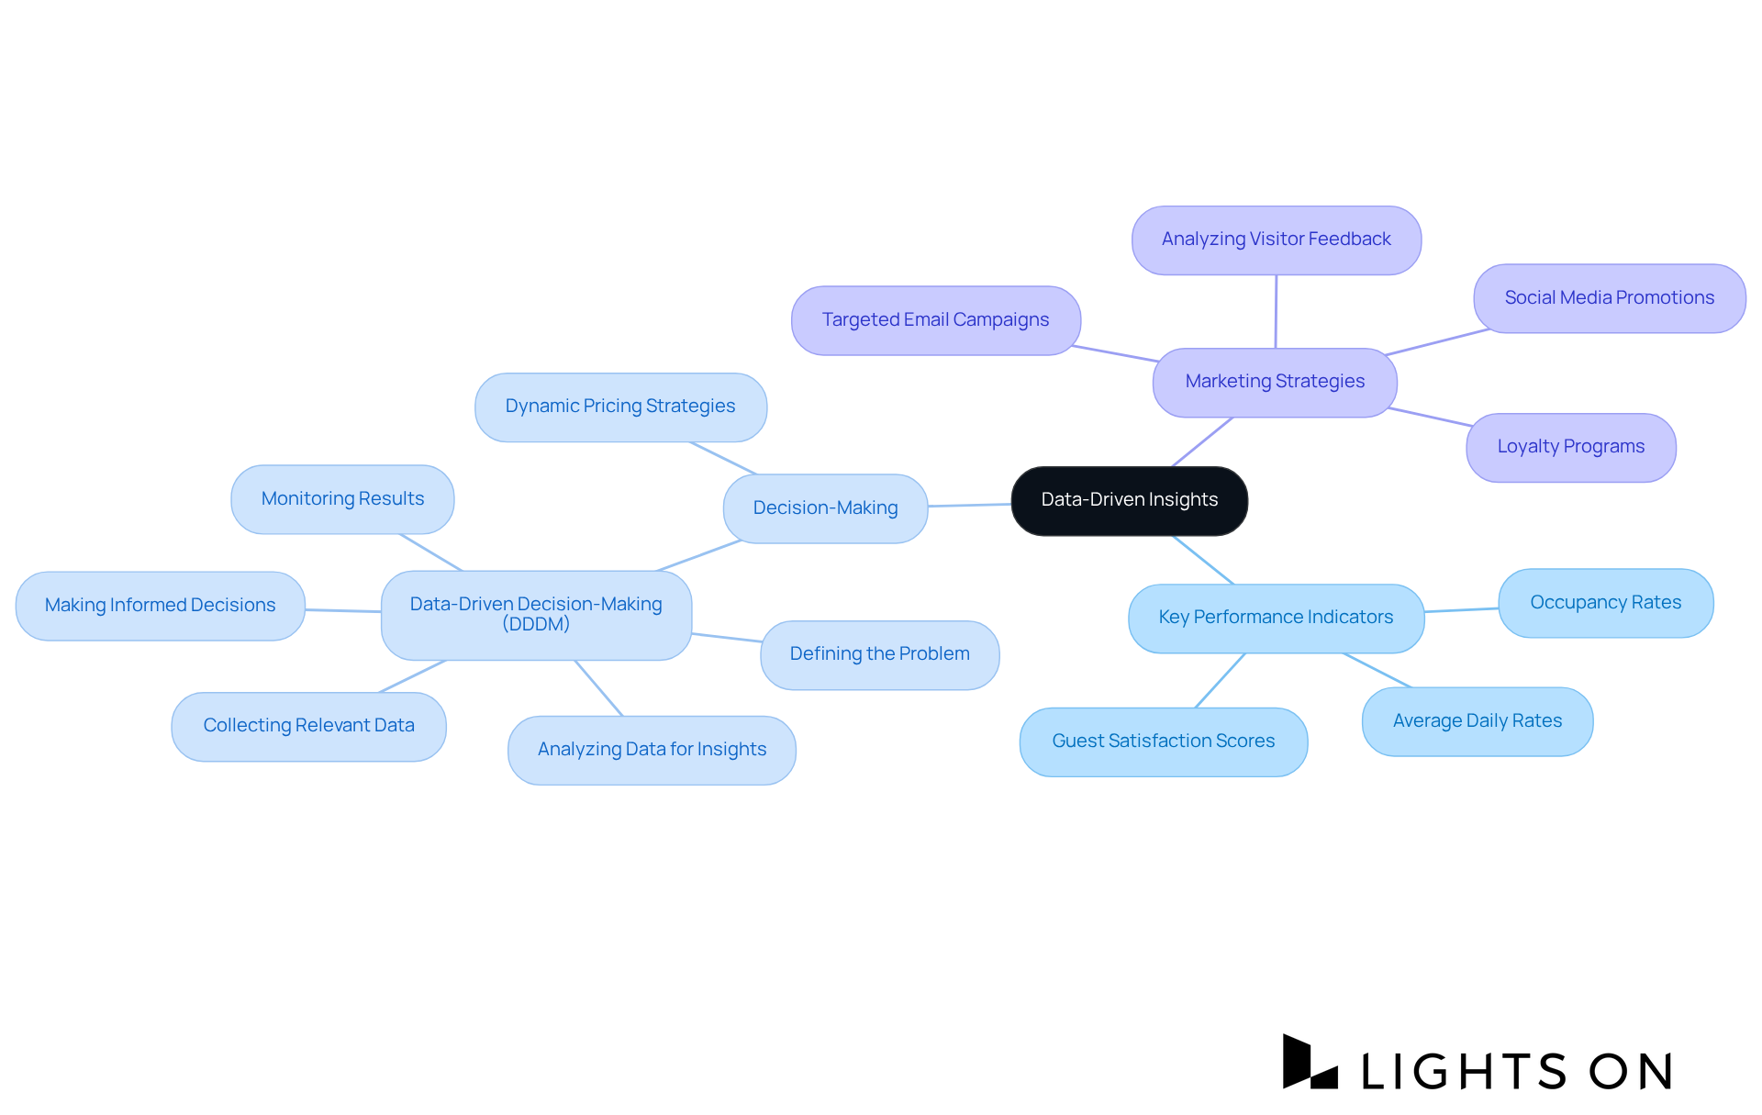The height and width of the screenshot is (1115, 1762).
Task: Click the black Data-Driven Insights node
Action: [1129, 500]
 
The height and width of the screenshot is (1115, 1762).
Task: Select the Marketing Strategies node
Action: [1275, 382]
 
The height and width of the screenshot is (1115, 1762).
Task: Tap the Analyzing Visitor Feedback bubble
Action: [1276, 240]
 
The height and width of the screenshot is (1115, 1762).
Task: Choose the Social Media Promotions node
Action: [1609, 298]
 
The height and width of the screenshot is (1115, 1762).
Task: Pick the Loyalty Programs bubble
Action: [1570, 447]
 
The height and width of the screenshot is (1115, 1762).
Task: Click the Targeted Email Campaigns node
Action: [935, 320]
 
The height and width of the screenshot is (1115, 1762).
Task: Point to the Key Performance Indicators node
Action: [1276, 618]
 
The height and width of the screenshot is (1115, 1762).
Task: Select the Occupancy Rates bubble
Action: [1605, 603]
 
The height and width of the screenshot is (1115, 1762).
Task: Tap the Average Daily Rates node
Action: [1477, 721]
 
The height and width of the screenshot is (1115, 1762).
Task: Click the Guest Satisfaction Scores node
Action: [1163, 741]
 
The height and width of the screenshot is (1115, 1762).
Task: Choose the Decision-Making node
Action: [825, 508]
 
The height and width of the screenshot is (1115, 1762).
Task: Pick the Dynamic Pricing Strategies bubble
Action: [620, 407]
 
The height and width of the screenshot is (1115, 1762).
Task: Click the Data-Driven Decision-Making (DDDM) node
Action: [536, 615]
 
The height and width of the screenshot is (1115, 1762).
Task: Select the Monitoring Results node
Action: [342, 499]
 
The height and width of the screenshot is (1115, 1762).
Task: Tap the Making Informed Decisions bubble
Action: [160, 606]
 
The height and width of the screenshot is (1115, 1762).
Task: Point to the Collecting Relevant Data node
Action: [308, 726]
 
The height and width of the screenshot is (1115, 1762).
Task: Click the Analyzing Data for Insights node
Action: [652, 750]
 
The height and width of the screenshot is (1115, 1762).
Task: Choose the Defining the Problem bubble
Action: [879, 654]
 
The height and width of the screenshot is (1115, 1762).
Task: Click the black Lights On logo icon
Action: [1309, 1064]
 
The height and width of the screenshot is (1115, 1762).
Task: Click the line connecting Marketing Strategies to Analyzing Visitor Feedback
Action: [1276, 312]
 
